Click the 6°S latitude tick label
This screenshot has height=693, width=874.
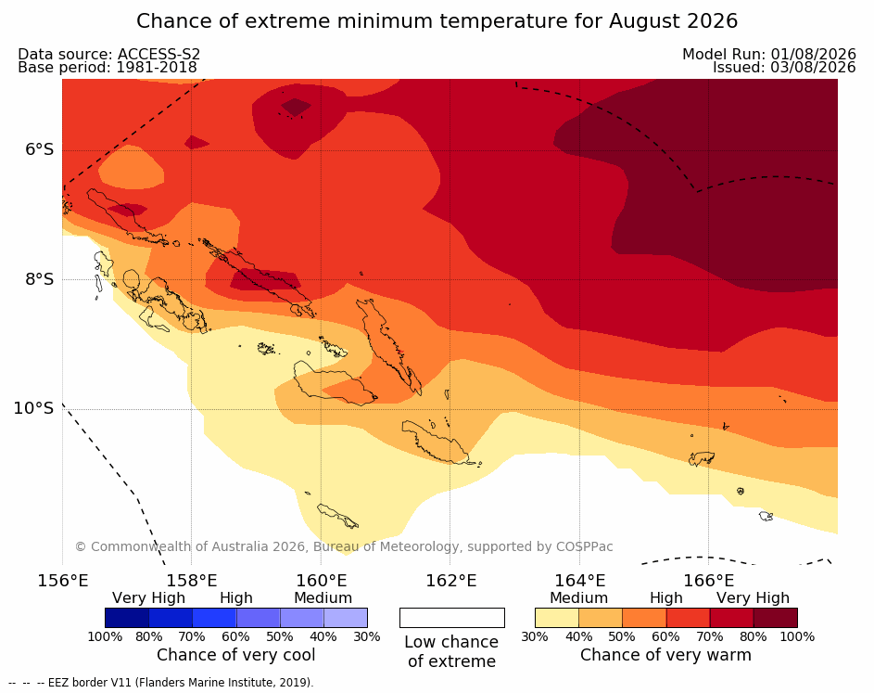(x=40, y=149)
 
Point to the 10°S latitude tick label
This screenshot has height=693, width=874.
(x=34, y=408)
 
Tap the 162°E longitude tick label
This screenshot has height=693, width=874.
(x=451, y=581)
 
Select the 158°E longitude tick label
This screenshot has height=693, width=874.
(x=192, y=581)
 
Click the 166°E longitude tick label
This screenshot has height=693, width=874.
(x=708, y=581)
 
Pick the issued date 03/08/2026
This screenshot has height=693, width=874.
(x=813, y=68)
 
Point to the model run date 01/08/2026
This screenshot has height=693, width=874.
(x=813, y=54)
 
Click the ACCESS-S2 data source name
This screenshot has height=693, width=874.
(x=158, y=54)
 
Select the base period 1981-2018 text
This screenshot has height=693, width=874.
(x=156, y=68)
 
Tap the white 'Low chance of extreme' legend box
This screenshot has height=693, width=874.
(x=452, y=618)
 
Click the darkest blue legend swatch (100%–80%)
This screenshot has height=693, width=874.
(x=127, y=618)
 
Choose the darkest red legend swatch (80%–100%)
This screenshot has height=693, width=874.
(x=776, y=618)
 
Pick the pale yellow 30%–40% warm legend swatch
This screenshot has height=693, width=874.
(x=557, y=618)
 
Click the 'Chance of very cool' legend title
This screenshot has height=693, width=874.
(x=235, y=655)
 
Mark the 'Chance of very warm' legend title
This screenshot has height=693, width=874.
(x=666, y=655)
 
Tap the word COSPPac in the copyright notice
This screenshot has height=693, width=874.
(x=584, y=546)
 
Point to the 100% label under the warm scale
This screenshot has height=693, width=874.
(x=797, y=636)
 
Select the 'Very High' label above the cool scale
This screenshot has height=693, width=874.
(x=148, y=598)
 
